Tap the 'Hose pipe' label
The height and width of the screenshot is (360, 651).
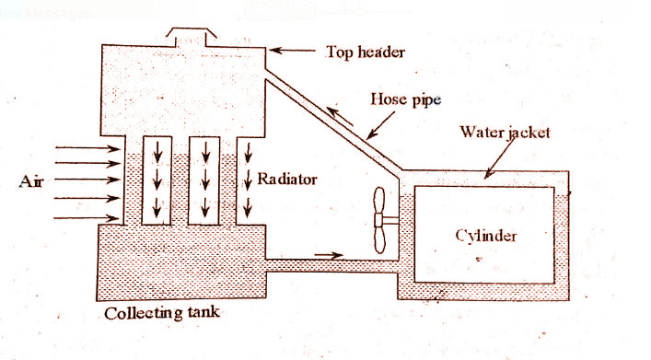400,98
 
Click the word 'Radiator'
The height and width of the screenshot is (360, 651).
287,179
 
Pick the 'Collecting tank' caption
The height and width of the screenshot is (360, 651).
163,313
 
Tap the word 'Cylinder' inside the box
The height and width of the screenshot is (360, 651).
486,235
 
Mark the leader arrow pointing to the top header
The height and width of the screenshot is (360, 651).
293,52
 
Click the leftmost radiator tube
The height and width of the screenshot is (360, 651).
156,180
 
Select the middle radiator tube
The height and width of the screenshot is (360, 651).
203,180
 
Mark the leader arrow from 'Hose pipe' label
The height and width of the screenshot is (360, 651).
380,124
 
